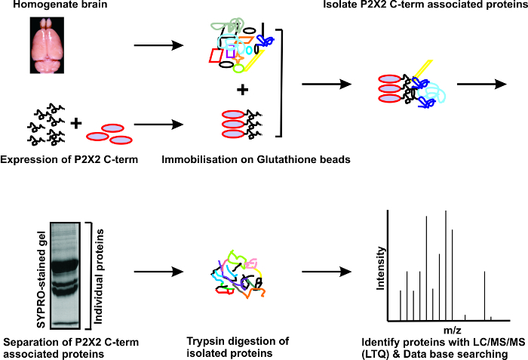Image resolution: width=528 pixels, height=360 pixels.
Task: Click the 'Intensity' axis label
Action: [381, 272]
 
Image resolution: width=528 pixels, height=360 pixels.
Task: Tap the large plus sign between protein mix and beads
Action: [242, 91]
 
